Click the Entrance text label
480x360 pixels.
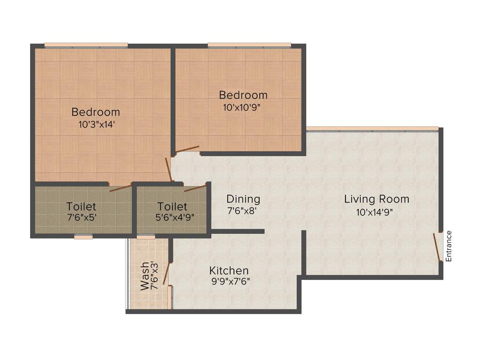pyautogui.click(x=449, y=246)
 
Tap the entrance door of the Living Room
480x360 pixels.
pyautogui.click(x=437, y=247)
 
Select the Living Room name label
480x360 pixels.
pyautogui.click(x=376, y=199)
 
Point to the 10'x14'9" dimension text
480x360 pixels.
pyautogui.click(x=375, y=212)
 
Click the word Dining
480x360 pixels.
pyautogui.click(x=243, y=199)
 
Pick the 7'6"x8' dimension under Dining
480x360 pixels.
pyautogui.click(x=242, y=211)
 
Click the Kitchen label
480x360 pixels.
pyautogui.click(x=229, y=270)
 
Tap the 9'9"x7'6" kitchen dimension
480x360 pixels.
pyautogui.click(x=230, y=282)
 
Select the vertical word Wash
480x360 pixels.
pyautogui.click(x=145, y=277)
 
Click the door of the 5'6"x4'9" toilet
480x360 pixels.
pyautogui.click(x=195, y=188)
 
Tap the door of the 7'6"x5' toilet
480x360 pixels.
pyautogui.click(x=120, y=188)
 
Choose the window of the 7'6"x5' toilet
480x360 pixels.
pyautogui.click(x=83, y=237)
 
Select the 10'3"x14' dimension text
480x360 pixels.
pyautogui.click(x=96, y=125)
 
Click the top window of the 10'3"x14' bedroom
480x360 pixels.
pyautogui.click(x=86, y=45)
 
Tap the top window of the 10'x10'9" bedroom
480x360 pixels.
pyautogui.click(x=249, y=45)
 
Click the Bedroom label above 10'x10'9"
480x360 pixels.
pyautogui.click(x=243, y=95)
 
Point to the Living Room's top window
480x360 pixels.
pyautogui.click(x=373, y=128)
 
